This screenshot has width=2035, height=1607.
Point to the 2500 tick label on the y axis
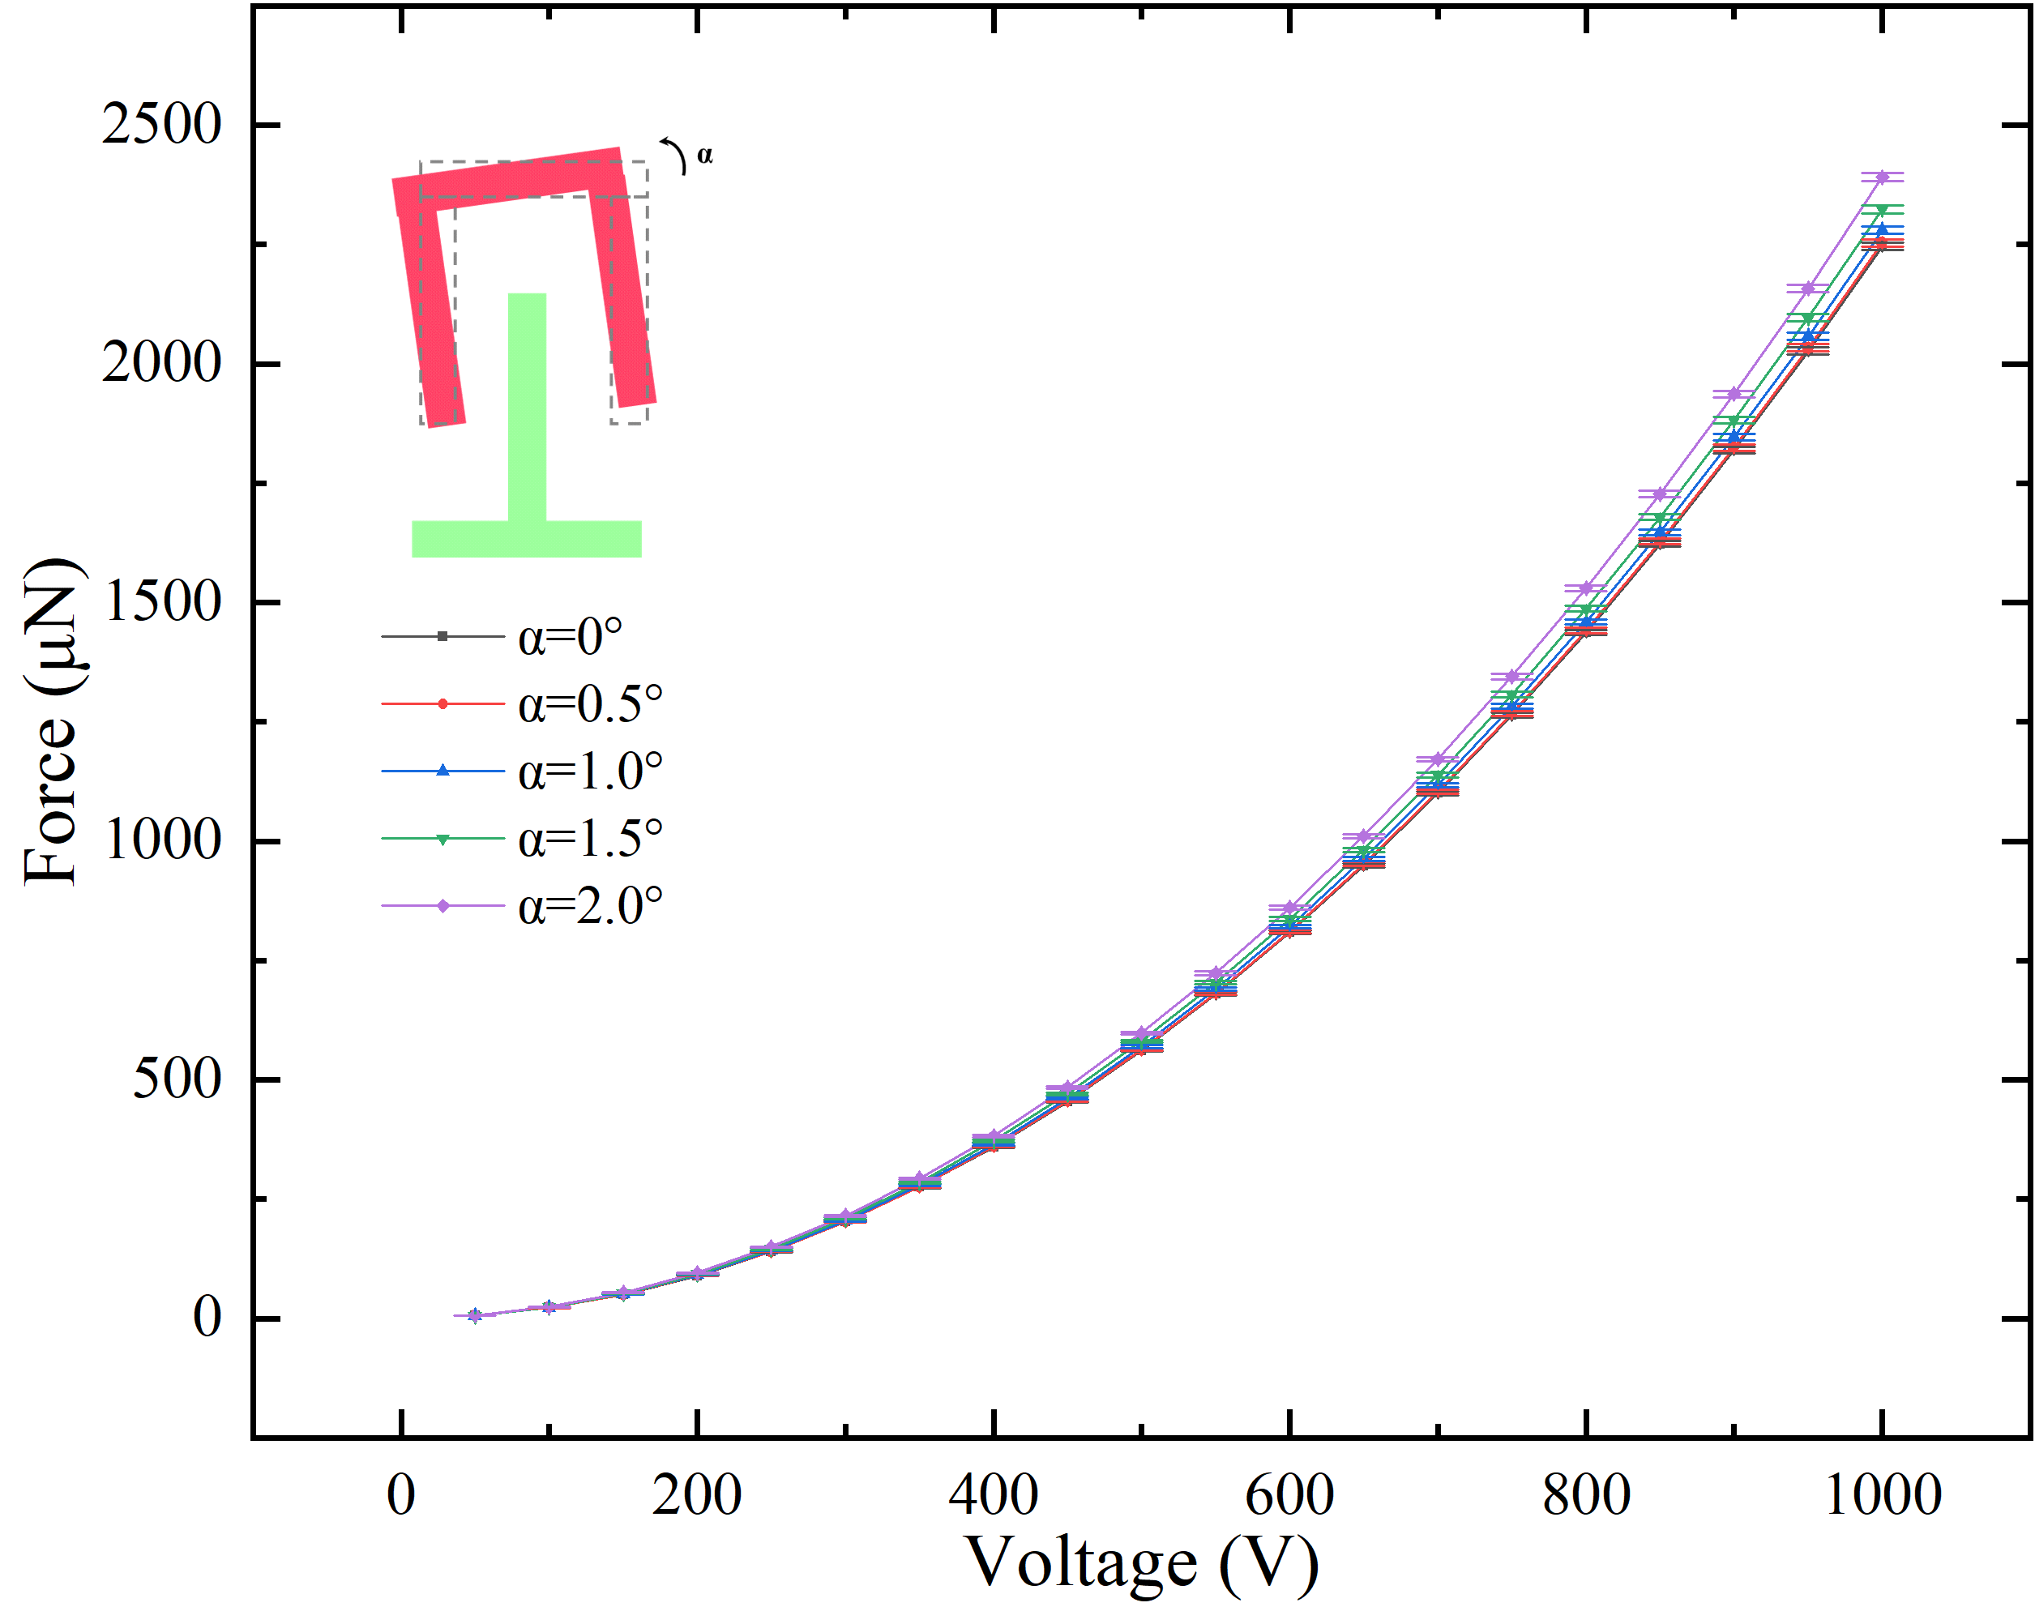(x=161, y=123)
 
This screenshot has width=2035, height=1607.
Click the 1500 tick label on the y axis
(x=161, y=601)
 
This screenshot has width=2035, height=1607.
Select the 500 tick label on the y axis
(x=176, y=1079)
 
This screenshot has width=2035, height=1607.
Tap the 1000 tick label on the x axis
(x=1882, y=1494)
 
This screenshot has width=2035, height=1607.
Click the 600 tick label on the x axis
(x=1289, y=1494)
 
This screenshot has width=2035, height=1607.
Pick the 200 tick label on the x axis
(x=696, y=1494)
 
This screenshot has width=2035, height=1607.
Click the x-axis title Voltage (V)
(x=1142, y=1562)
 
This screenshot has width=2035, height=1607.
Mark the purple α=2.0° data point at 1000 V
(x=1882, y=177)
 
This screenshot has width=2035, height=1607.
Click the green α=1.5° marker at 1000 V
(x=1882, y=210)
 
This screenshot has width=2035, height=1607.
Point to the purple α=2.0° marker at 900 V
(x=1734, y=393)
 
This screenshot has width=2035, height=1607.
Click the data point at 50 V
(x=475, y=1315)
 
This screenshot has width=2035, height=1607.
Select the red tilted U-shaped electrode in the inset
(x=508, y=179)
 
